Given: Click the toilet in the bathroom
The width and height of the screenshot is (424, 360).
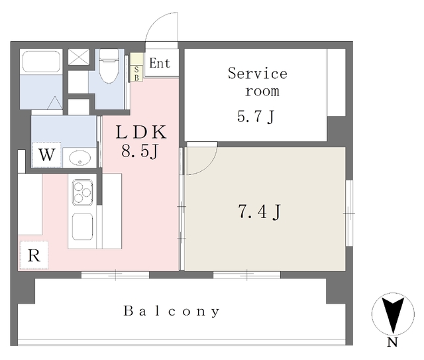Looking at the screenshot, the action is tap(109, 66).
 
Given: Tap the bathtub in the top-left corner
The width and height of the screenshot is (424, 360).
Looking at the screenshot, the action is tap(41, 61).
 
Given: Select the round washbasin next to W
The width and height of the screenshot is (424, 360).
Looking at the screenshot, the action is tap(79, 158).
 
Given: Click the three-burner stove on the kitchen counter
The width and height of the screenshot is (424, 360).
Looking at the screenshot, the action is tap(82, 192).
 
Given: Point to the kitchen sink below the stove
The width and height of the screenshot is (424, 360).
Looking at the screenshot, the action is tap(82, 227).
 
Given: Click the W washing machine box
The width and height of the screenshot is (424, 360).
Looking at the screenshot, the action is tap(46, 155).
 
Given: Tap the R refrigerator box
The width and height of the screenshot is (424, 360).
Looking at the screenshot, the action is tap(34, 255).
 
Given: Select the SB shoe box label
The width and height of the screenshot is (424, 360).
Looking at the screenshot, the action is tap(136, 73).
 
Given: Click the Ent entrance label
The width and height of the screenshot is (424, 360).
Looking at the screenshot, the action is tap(160, 64).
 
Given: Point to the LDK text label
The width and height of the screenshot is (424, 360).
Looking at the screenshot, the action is tap(141, 133).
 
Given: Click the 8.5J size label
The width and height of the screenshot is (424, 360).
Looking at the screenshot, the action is tap(140, 151).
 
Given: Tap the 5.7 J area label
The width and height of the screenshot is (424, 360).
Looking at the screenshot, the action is tap(256, 117).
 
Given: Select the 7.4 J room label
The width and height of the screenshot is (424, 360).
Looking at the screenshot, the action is tap(259, 212).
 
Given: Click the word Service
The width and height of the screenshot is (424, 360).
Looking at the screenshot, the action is tap(258, 74).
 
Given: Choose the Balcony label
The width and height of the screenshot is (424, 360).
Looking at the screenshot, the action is tap(172, 311).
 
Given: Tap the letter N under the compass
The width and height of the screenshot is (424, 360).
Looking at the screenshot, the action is tap(392, 342).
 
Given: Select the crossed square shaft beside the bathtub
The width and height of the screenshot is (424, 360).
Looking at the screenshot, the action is tap(79, 57).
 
